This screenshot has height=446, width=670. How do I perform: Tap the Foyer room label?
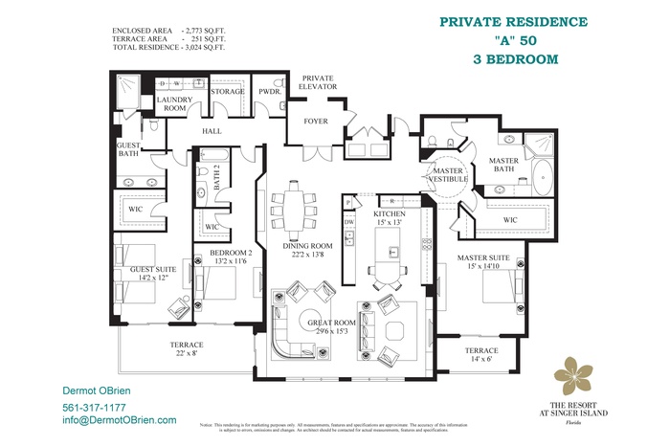(316, 122)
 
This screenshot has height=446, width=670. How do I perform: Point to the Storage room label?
(228, 92)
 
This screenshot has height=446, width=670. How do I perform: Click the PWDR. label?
(268, 92)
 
